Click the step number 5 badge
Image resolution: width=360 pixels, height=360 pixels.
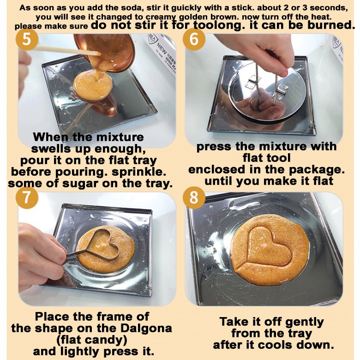point(27,39)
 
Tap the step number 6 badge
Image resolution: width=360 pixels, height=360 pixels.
point(194,39)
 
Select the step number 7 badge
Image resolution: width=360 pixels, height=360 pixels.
point(27,198)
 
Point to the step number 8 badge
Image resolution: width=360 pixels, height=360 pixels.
point(194,198)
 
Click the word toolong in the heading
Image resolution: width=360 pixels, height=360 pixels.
point(218,25)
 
